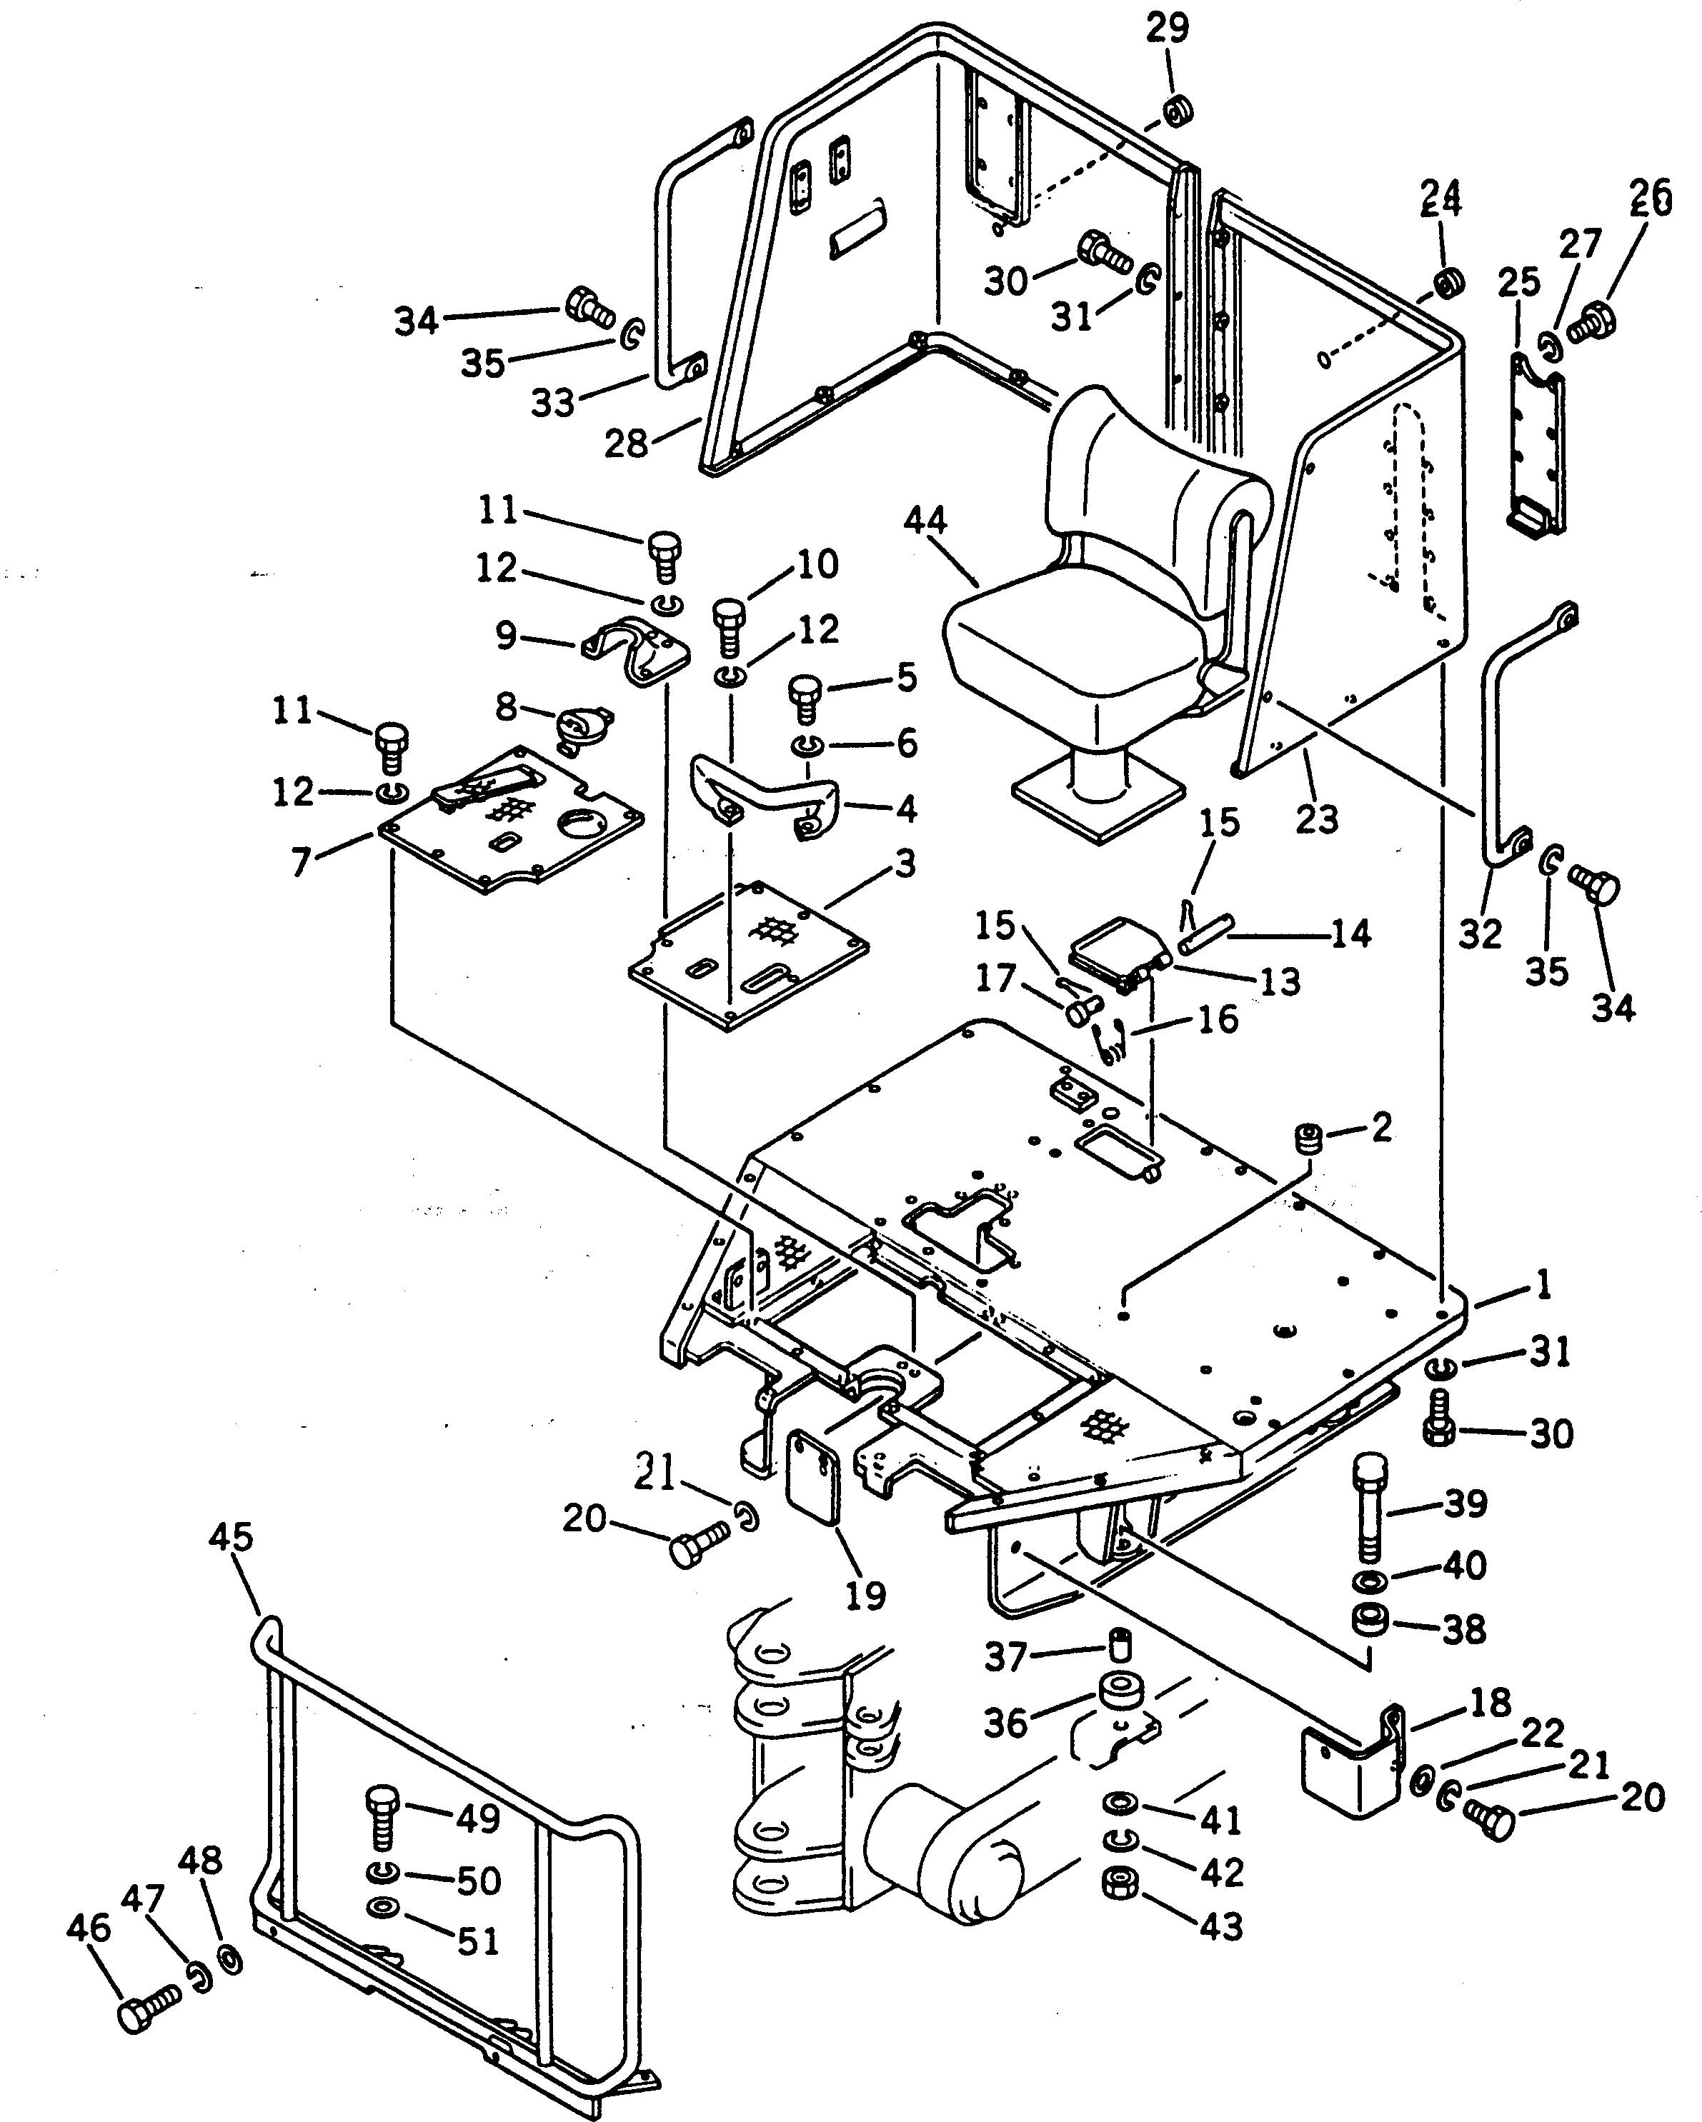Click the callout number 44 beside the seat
coord(925,521)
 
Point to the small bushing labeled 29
coord(1176,111)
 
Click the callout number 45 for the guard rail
coord(232,1537)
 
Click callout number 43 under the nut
coord(1222,1926)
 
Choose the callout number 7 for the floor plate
coord(302,862)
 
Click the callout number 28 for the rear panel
coord(626,444)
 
